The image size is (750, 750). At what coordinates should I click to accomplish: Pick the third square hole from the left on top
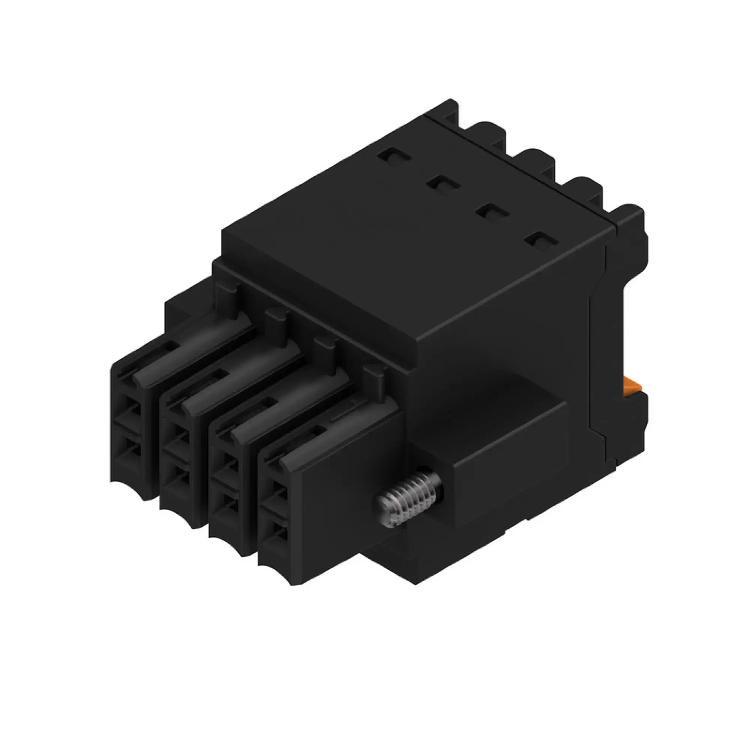coord(492,213)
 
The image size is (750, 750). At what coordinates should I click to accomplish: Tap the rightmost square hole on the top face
coord(541,241)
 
